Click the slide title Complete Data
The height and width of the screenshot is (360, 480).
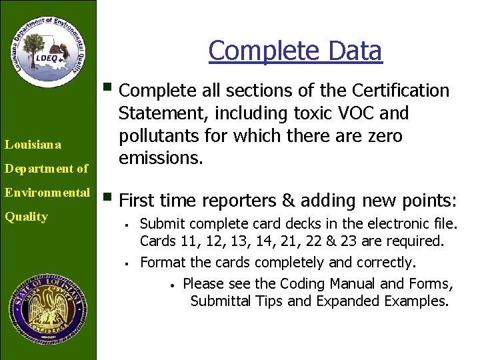295,51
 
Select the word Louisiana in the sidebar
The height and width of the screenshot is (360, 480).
33,144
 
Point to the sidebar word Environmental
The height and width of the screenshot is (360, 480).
47,193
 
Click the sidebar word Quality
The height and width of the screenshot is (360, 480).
26,217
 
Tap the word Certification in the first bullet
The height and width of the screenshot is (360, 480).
398,90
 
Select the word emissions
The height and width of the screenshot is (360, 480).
162,159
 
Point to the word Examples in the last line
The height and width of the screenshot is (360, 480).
416,301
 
